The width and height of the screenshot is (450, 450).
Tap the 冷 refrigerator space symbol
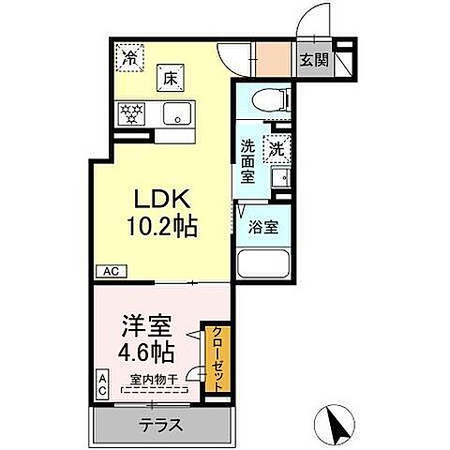(x=128, y=56)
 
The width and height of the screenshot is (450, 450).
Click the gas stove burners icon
(x=130, y=114)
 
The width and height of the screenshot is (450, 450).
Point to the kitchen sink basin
(x=174, y=114)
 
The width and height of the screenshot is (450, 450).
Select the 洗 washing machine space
(x=277, y=147)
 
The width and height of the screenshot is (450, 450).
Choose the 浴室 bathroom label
(x=261, y=225)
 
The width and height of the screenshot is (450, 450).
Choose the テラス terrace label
(x=160, y=425)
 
